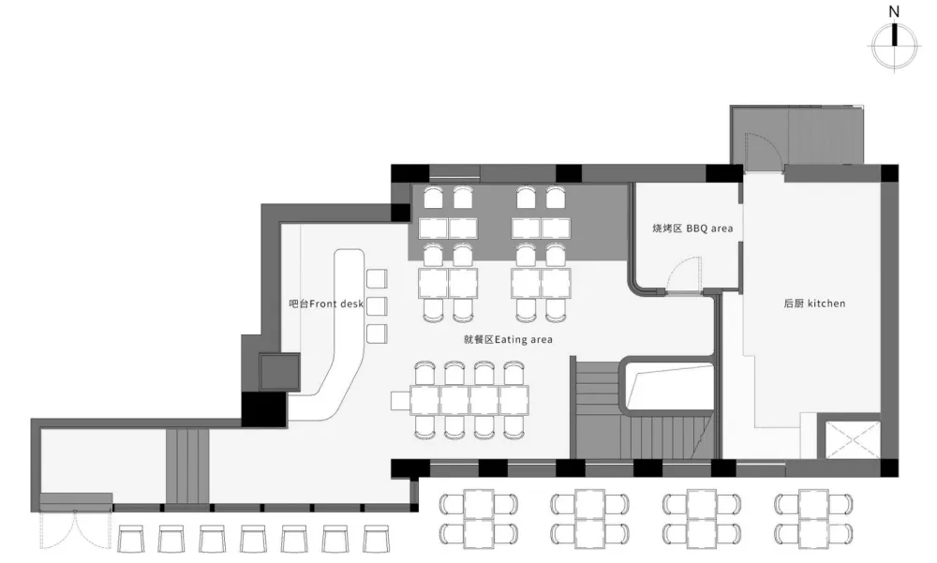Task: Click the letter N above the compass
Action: (x=894, y=11)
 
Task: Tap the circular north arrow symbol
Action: (x=895, y=47)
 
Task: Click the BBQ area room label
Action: (x=692, y=229)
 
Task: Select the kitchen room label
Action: (x=814, y=304)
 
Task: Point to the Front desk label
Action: (x=326, y=304)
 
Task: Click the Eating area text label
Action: (x=508, y=339)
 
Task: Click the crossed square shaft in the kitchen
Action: (x=853, y=440)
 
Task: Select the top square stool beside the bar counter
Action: (x=377, y=278)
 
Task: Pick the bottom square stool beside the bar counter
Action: (x=377, y=333)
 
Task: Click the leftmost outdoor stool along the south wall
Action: (x=131, y=539)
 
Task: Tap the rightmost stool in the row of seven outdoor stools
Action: (x=377, y=539)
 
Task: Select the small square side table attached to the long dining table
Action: (x=400, y=400)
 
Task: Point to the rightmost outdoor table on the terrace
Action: (x=813, y=519)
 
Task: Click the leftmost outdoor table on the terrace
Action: (x=479, y=519)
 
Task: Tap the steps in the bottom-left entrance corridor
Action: (x=187, y=467)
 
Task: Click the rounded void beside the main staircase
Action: (x=668, y=384)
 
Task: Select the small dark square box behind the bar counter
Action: (x=279, y=372)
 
